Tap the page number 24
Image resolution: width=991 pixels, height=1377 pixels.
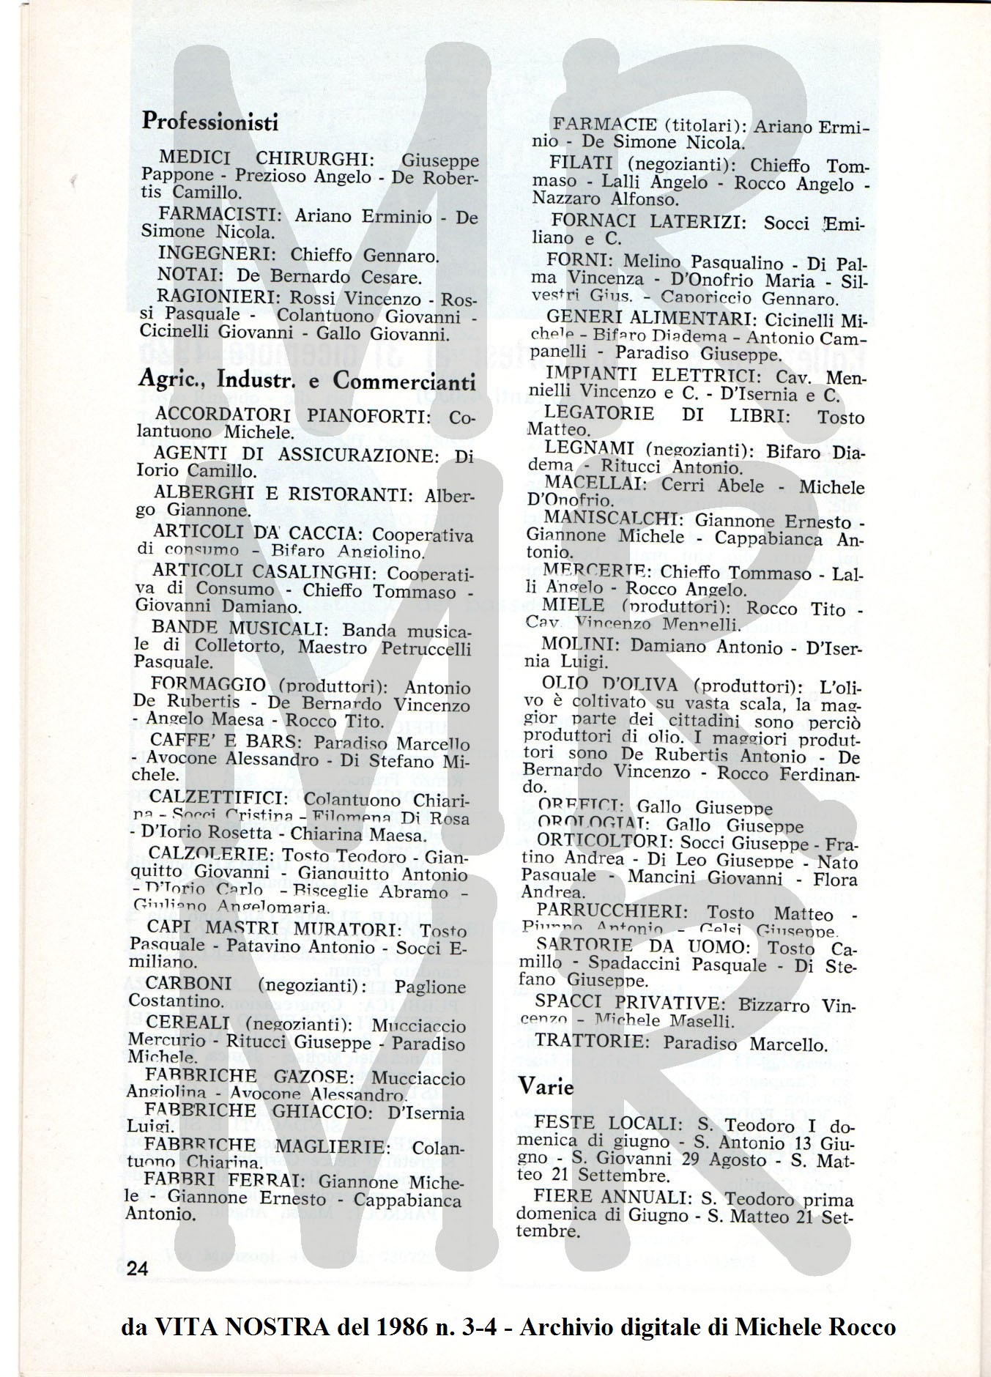(138, 1269)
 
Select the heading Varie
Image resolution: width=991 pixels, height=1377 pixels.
(546, 1087)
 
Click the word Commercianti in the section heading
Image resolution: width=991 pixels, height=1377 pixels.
(404, 381)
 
